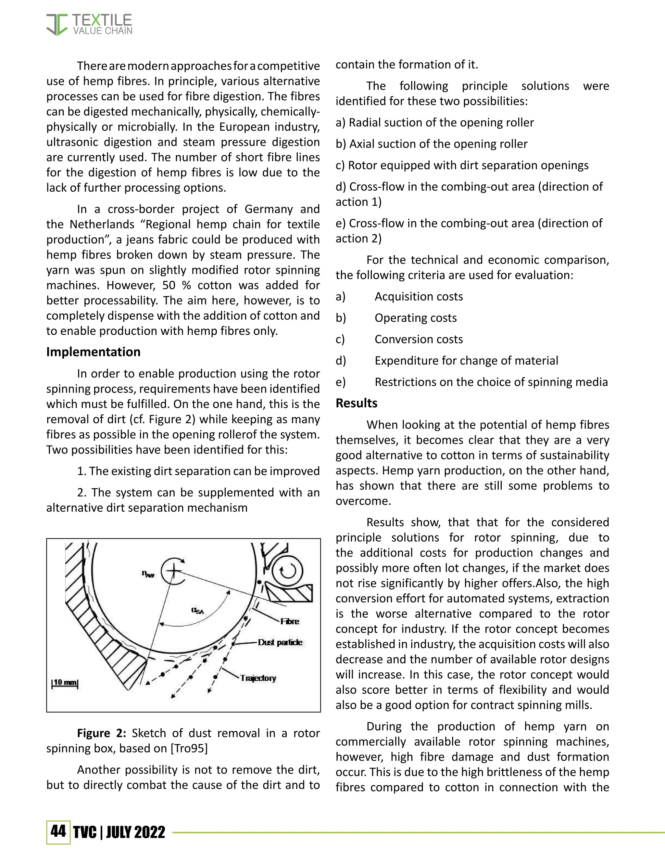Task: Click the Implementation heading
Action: tap(94, 352)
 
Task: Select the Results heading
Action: tap(356, 403)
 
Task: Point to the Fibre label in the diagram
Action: tap(290, 621)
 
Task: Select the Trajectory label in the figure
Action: tap(258, 678)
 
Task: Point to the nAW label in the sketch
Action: tap(148, 574)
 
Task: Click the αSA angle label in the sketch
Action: tap(197, 611)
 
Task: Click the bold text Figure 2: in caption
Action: tap(101, 733)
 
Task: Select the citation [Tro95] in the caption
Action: tap(189, 748)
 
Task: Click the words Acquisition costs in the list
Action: tap(418, 296)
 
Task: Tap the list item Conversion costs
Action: tap(418, 339)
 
